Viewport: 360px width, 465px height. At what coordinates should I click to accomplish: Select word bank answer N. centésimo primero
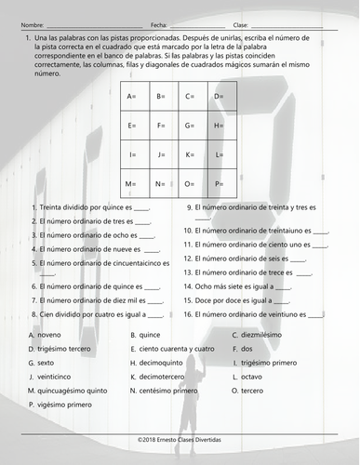(167, 392)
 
